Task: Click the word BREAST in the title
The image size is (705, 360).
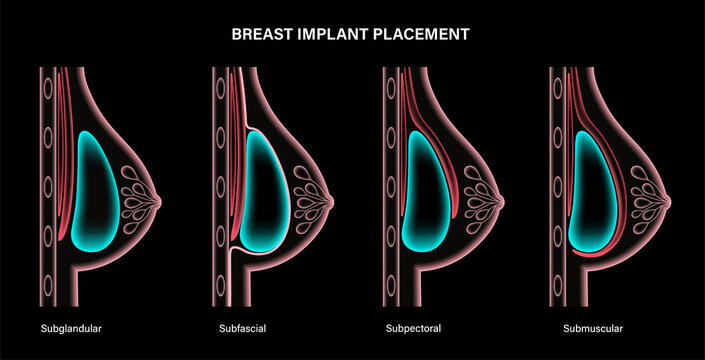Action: [x=261, y=33]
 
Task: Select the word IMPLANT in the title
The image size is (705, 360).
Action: [x=330, y=33]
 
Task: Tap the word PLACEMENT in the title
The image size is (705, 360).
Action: [x=420, y=33]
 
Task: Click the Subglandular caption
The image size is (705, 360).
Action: [x=71, y=327]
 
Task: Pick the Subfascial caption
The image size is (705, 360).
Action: [x=242, y=327]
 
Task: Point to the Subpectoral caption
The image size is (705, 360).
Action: [x=416, y=327]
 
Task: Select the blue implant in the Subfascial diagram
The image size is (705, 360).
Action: [x=264, y=190]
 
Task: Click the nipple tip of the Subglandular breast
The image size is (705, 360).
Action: [x=160, y=190]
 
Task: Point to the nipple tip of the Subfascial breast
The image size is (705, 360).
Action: [x=333, y=190]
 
